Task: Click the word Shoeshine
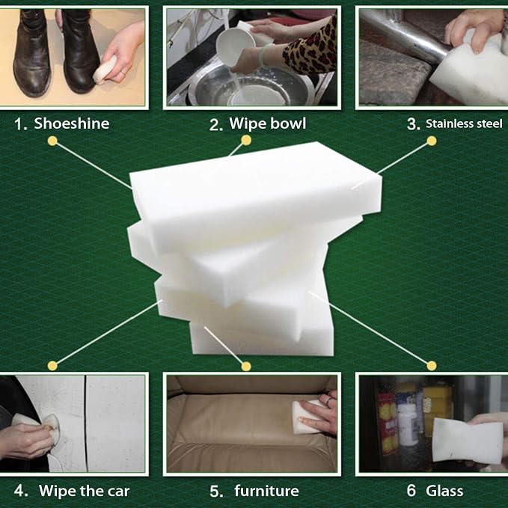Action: (x=72, y=123)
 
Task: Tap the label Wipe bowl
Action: (x=267, y=123)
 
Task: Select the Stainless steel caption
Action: (x=464, y=123)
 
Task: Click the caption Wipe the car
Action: (x=84, y=491)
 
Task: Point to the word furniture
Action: (x=266, y=491)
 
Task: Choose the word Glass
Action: (x=444, y=491)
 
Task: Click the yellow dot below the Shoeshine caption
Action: (x=52, y=141)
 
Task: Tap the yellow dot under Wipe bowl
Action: (x=246, y=141)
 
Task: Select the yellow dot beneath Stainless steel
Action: (x=432, y=141)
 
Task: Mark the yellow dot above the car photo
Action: (x=52, y=366)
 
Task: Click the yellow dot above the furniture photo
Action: (x=246, y=367)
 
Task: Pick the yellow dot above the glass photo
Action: (x=432, y=366)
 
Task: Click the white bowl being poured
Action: (x=236, y=46)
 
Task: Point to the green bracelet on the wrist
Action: (x=263, y=54)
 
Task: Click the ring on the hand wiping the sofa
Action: (x=328, y=400)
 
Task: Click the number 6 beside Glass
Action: (x=411, y=491)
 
